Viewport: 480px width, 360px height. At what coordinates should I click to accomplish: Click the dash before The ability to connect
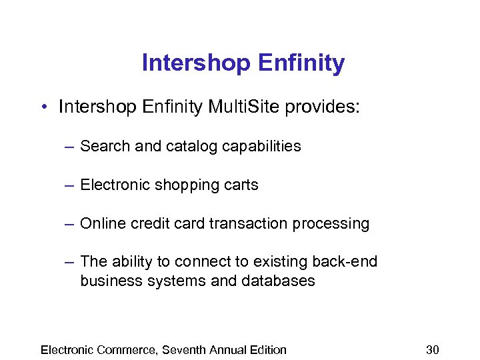point(69,262)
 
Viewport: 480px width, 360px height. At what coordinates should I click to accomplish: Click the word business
point(109,281)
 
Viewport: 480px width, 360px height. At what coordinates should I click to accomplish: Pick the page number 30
point(433,349)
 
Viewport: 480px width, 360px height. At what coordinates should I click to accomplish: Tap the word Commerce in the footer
point(125,349)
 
